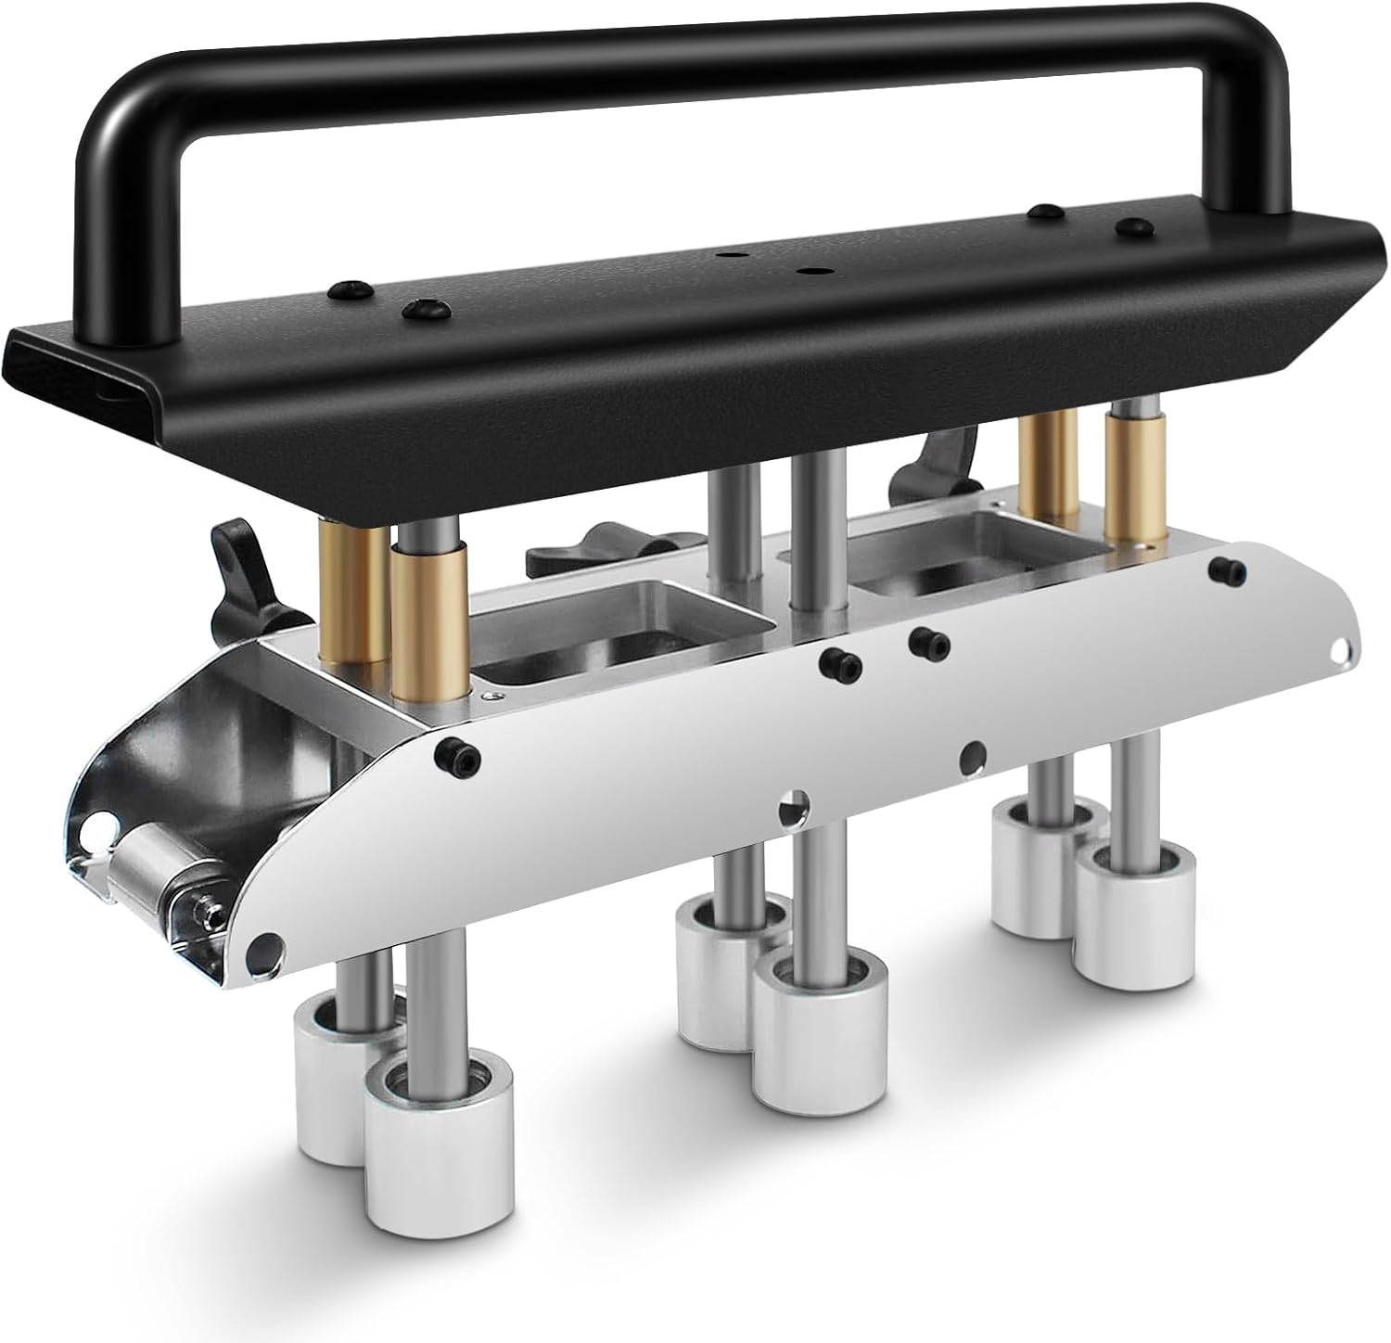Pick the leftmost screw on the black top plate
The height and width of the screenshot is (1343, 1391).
point(353,287)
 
